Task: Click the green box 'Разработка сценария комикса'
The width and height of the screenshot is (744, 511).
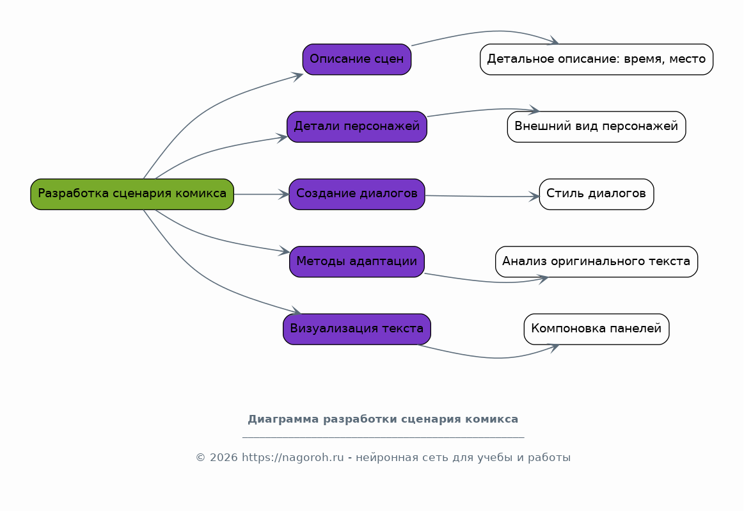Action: [132, 194]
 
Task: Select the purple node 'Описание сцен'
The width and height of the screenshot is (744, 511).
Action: [356, 60]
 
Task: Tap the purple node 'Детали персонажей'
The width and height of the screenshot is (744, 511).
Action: [356, 127]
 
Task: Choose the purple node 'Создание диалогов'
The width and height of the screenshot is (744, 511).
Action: [356, 194]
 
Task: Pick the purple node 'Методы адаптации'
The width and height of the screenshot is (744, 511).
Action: [356, 262]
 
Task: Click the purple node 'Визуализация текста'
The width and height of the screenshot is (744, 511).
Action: [356, 329]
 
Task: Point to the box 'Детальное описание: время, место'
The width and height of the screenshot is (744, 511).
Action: [596, 60]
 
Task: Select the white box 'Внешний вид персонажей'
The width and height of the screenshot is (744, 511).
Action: [596, 127]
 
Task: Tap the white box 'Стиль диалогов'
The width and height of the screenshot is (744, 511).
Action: [596, 194]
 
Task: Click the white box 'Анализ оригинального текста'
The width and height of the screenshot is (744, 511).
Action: [596, 262]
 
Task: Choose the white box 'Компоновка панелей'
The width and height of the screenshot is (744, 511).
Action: [596, 329]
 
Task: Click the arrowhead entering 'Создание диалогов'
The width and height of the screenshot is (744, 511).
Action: [285, 194]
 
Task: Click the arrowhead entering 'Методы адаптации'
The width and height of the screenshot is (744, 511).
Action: [285, 252]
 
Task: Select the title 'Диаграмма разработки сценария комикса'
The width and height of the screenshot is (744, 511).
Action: [383, 419]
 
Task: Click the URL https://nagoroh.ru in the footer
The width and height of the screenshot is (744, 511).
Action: [292, 458]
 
